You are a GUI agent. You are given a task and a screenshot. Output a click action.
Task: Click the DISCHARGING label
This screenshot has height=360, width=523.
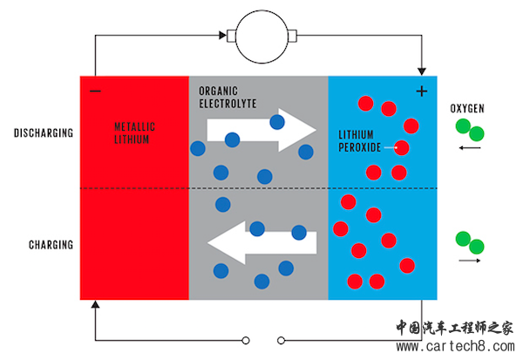coord(43,133)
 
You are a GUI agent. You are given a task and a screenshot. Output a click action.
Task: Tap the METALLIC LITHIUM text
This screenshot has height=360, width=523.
coord(134,132)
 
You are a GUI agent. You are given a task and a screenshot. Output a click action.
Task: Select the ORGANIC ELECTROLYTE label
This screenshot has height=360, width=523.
coord(228,96)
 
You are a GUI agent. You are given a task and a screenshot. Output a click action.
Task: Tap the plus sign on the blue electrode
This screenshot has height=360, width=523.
coord(422,91)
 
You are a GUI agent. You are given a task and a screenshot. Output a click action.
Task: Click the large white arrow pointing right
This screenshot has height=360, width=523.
coord(261,129)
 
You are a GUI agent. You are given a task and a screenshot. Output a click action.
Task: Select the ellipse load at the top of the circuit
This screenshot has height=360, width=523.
coord(262,37)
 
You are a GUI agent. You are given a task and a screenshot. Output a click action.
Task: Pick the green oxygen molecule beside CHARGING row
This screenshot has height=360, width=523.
coord(470,241)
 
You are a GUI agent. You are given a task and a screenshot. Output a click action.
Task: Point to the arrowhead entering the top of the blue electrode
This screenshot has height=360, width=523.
coord(423,71)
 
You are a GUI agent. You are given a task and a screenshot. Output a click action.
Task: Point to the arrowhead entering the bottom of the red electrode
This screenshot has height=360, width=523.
coord(94,305)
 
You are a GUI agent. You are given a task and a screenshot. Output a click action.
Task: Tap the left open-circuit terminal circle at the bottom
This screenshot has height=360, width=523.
coord(247,340)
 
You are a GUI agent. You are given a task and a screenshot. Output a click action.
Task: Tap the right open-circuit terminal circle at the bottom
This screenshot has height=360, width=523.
coord(279,340)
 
